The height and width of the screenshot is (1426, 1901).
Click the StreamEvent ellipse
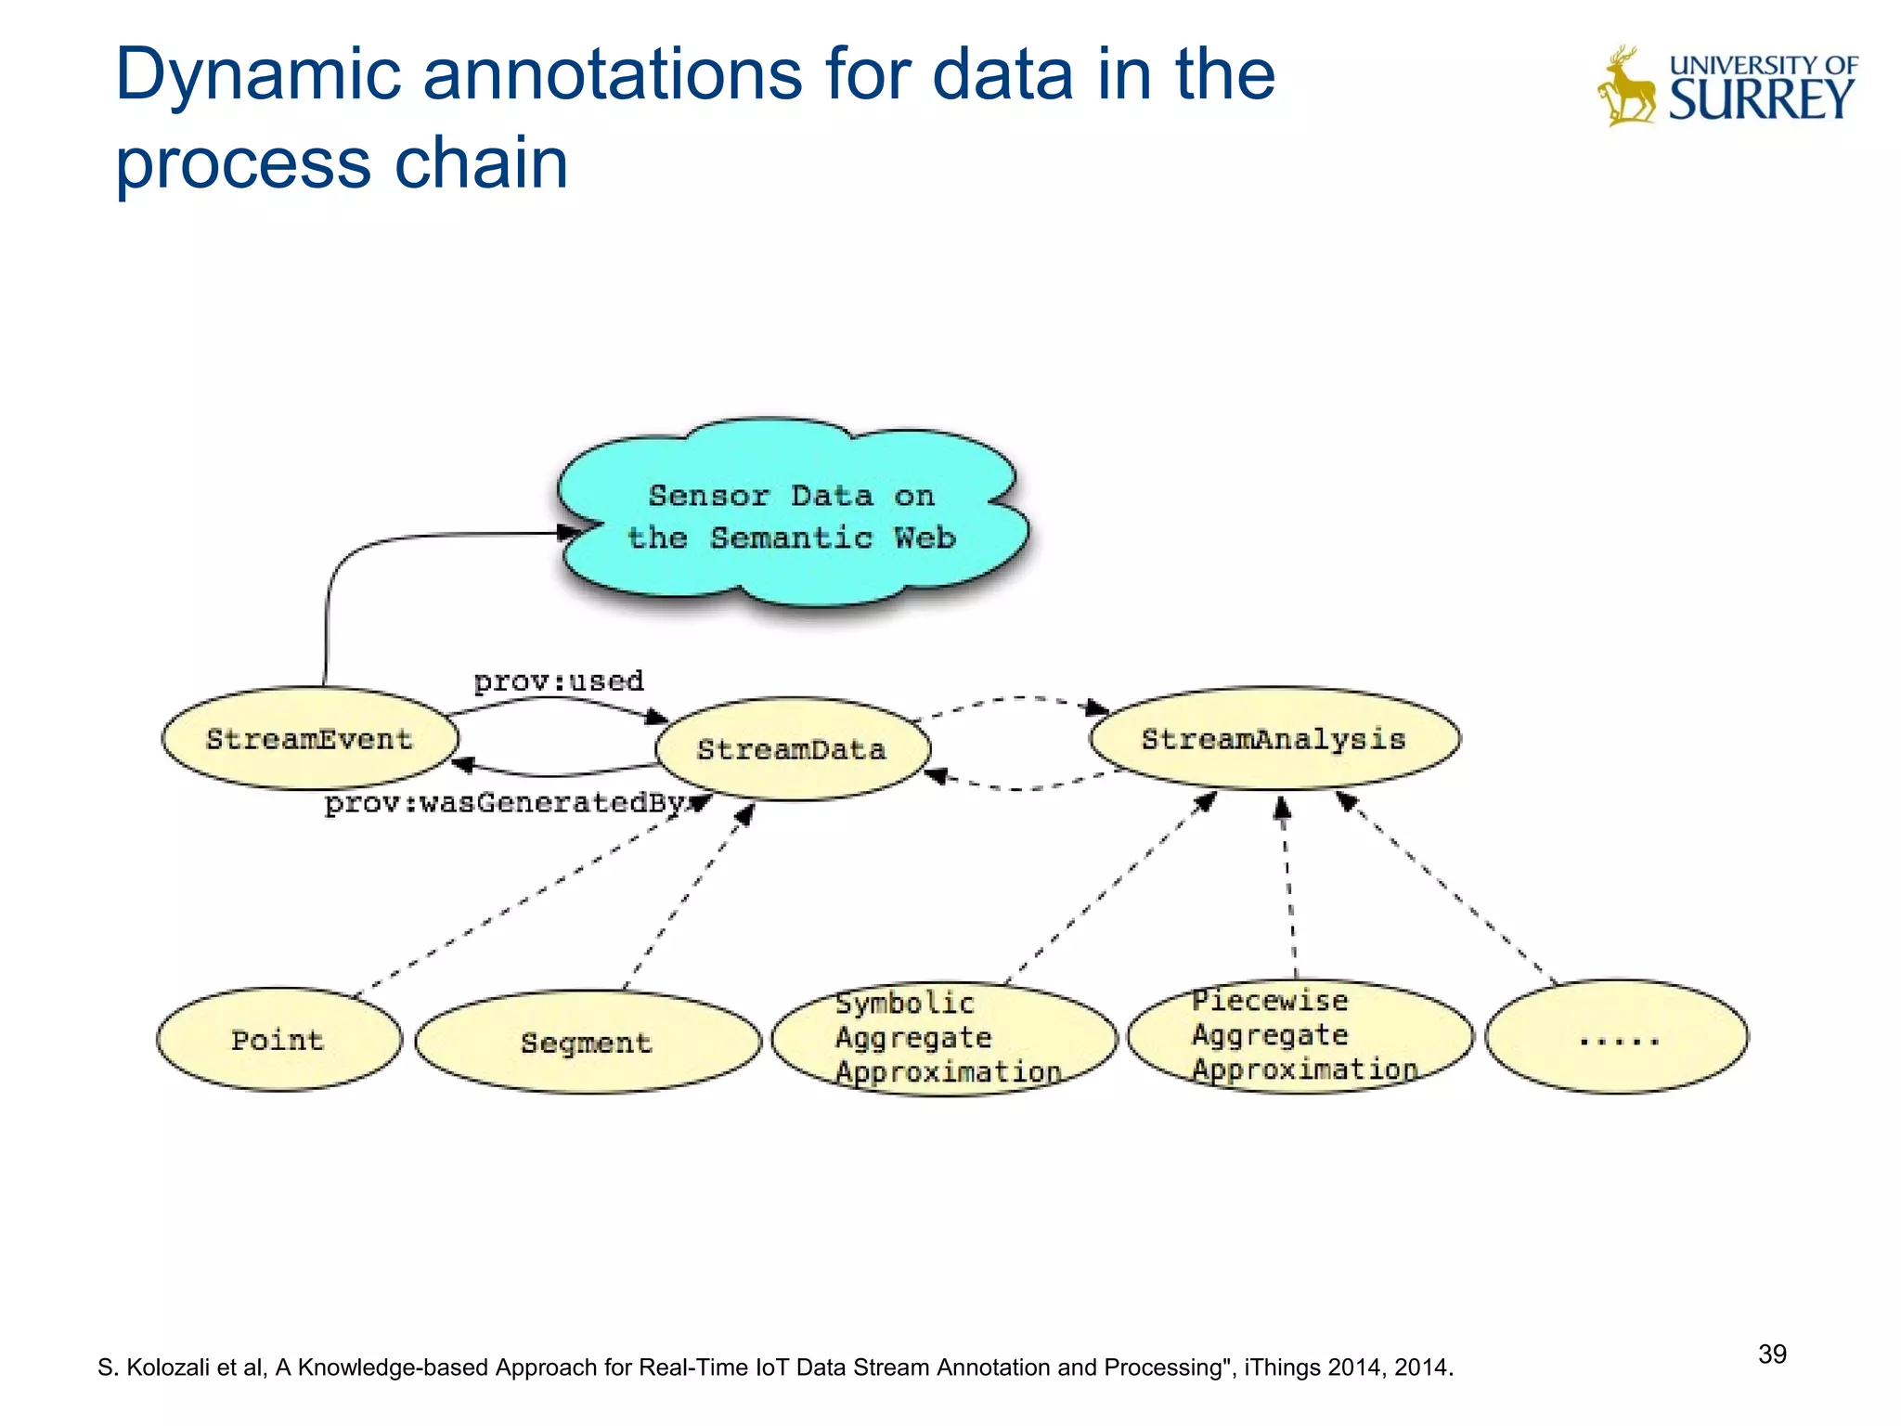(x=310, y=739)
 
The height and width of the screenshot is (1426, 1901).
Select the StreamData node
(x=792, y=749)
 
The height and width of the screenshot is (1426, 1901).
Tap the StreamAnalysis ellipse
(x=1274, y=739)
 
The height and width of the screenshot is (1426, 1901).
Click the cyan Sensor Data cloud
(x=792, y=516)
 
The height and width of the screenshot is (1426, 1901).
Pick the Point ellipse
(x=278, y=1040)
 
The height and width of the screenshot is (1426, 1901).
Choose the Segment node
(x=587, y=1043)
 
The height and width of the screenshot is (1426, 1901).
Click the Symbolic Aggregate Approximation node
(x=944, y=1038)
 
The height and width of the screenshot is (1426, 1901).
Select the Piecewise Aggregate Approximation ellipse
(x=1300, y=1035)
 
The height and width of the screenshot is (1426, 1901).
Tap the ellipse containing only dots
(x=1616, y=1037)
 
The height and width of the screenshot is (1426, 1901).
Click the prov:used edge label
(x=559, y=681)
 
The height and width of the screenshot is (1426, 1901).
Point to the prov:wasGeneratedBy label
(x=506, y=803)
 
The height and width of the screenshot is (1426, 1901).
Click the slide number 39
(x=1771, y=1354)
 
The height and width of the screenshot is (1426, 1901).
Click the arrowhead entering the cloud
(x=568, y=533)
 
